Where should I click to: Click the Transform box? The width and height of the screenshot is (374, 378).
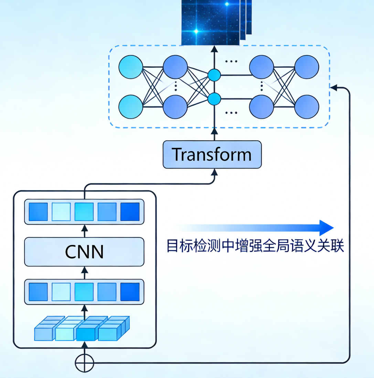[x=212, y=154]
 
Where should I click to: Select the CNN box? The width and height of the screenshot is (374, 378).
[x=84, y=252]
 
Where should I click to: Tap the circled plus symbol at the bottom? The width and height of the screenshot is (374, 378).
[x=84, y=363]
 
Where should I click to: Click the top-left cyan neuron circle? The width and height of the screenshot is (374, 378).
[x=131, y=67]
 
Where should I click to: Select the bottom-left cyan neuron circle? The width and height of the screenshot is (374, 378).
[x=131, y=107]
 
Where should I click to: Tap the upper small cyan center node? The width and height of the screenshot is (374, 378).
[x=214, y=75]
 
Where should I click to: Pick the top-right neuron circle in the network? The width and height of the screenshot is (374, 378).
[x=307, y=67]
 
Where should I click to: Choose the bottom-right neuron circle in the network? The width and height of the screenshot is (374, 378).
[x=307, y=107]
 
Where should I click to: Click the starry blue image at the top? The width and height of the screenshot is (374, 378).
[x=211, y=22]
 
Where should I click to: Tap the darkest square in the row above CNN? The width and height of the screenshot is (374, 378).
[x=130, y=212]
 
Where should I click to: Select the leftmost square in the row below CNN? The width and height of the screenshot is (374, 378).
[x=38, y=292]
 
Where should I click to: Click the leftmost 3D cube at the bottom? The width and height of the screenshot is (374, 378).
[x=44, y=332]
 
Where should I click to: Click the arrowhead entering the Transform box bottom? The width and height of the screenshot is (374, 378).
[x=214, y=172]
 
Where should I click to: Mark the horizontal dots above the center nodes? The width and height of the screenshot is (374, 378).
[x=231, y=62]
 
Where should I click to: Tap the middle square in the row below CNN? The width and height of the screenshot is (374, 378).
[x=84, y=292]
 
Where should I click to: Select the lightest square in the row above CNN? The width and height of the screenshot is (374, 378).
[x=61, y=212]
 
